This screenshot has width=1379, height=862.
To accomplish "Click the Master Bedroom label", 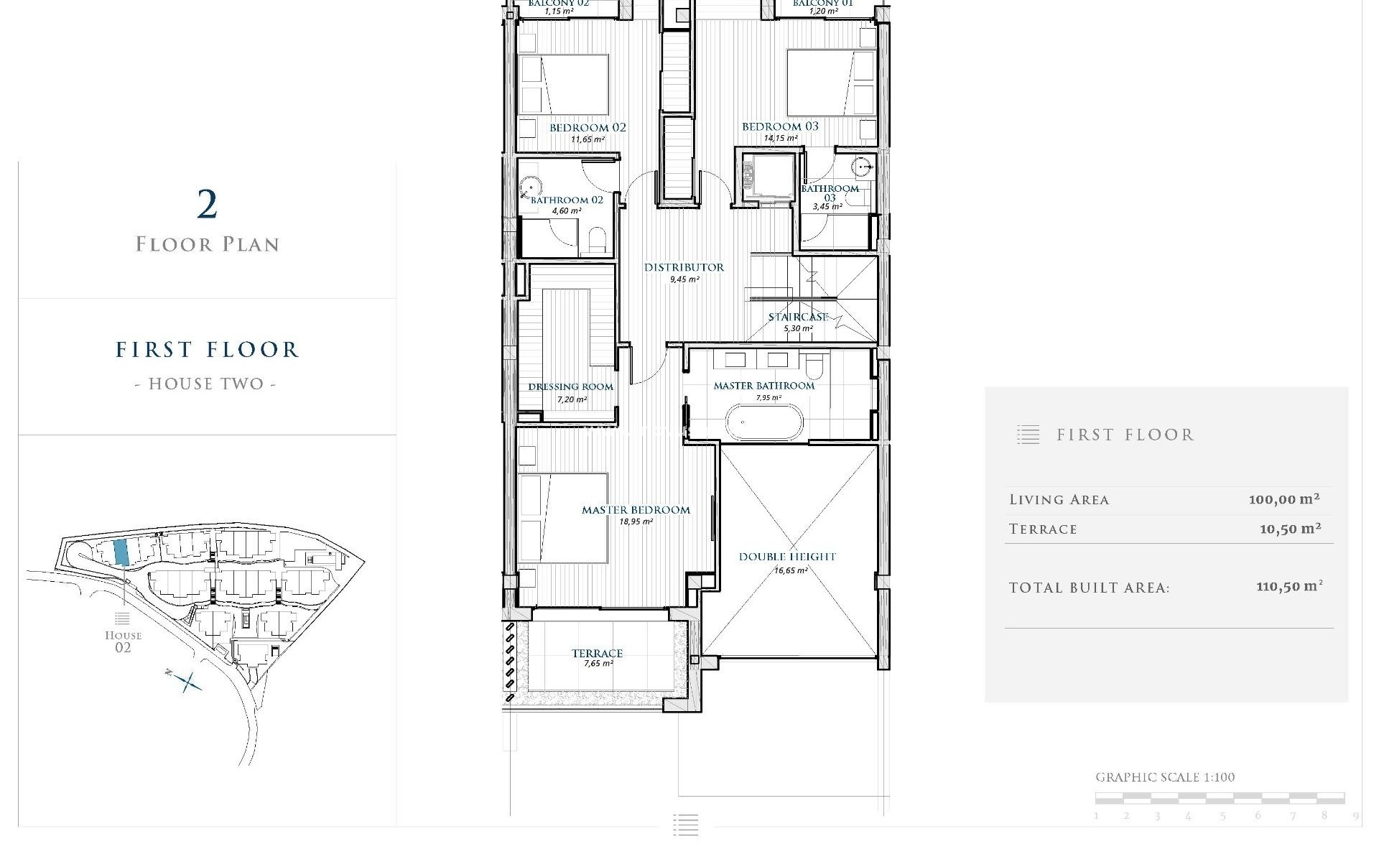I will click(636, 510).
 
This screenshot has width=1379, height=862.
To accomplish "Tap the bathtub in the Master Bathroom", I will click(763, 422).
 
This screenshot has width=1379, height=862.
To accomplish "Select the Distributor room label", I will click(684, 267).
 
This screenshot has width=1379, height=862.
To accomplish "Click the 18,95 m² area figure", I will click(636, 522).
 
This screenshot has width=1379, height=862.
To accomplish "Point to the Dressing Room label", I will click(571, 386).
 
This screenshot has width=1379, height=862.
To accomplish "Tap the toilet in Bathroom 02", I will click(598, 241).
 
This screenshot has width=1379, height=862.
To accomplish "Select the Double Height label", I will click(787, 557).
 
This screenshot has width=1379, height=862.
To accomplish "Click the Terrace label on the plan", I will click(597, 653).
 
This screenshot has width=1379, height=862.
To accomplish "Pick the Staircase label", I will click(798, 317).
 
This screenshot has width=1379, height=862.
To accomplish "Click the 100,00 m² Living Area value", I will click(1284, 499).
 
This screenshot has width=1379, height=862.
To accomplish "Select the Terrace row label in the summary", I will click(1043, 529).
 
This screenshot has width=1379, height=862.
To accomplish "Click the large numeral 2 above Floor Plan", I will click(207, 205).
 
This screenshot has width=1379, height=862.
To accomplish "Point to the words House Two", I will click(206, 384).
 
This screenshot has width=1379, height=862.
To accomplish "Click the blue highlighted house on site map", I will click(121, 552).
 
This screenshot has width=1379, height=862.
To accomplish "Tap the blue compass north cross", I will click(187, 681).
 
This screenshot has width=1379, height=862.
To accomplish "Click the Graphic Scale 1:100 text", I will click(1165, 777).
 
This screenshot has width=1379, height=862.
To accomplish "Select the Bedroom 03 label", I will click(780, 126).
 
